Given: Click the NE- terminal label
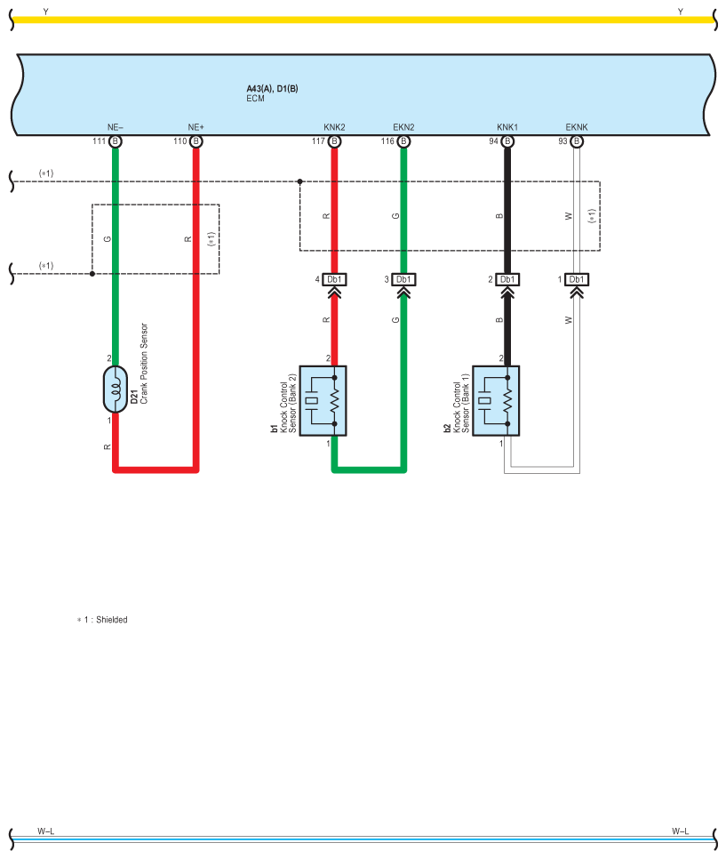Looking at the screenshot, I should [115, 127].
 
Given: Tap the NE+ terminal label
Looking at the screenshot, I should [195, 127].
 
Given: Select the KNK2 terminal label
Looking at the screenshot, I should [334, 127].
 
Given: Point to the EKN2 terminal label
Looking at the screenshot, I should [403, 127].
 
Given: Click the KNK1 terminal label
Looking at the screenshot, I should [507, 127].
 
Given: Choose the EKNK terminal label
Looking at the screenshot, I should [576, 127].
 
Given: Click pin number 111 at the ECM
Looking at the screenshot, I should [99, 141].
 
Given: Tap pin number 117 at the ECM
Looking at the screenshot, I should [318, 141].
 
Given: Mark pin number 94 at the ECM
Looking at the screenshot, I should [493, 141].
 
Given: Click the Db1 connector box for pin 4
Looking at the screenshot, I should [334, 279].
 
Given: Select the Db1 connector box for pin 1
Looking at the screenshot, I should [577, 279].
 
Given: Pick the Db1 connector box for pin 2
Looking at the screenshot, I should [507, 279].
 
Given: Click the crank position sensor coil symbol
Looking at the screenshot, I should [116, 389].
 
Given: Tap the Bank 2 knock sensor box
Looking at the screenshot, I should [323, 401].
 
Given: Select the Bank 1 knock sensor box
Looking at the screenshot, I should [496, 401].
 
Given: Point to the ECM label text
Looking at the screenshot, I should [255, 99].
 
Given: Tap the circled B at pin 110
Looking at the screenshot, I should [195, 141].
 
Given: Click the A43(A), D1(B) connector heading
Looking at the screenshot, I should [272, 89].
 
